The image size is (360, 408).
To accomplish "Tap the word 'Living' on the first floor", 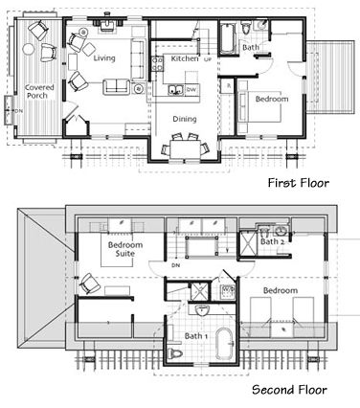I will point(103,57).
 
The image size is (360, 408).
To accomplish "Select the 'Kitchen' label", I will point(184,58).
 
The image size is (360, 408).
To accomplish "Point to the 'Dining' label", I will point(185,119).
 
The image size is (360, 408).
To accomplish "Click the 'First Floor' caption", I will point(297,182).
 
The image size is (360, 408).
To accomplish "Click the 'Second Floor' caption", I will point(289,390).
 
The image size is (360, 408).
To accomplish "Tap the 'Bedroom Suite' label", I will point(123,251).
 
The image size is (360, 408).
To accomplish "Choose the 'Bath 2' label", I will point(273,242).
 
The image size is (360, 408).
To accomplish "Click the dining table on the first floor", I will point(185,147).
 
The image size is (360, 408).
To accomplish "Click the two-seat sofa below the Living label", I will point(117,88).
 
